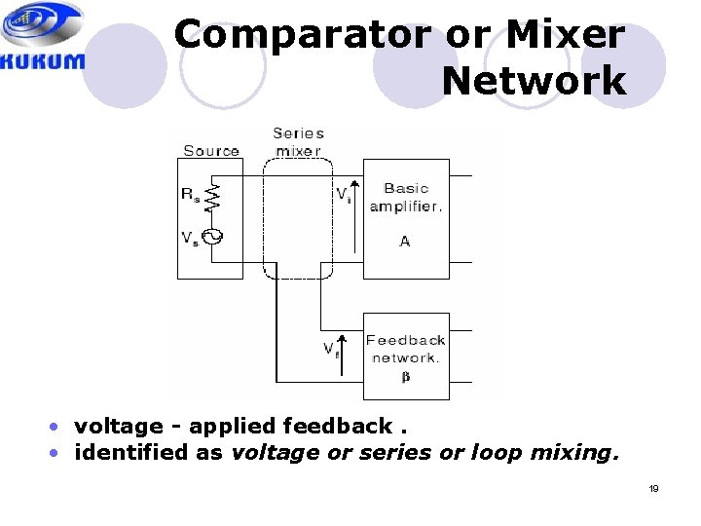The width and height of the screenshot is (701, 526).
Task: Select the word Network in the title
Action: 534,81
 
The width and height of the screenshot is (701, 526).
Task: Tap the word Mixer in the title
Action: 565,35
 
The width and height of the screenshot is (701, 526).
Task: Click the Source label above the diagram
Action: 211,150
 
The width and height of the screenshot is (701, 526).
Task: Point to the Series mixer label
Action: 298,142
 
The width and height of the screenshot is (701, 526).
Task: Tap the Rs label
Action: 191,193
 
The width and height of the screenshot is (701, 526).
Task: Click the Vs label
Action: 191,238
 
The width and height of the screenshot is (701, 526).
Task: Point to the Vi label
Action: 343,195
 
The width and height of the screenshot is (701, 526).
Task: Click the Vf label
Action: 330,348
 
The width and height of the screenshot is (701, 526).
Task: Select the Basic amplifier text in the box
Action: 406,197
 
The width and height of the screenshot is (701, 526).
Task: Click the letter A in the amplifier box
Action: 405,241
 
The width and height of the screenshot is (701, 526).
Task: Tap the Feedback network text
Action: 406,348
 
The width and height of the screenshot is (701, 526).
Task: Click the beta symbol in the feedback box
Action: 406,376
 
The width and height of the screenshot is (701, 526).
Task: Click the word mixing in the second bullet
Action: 576,453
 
